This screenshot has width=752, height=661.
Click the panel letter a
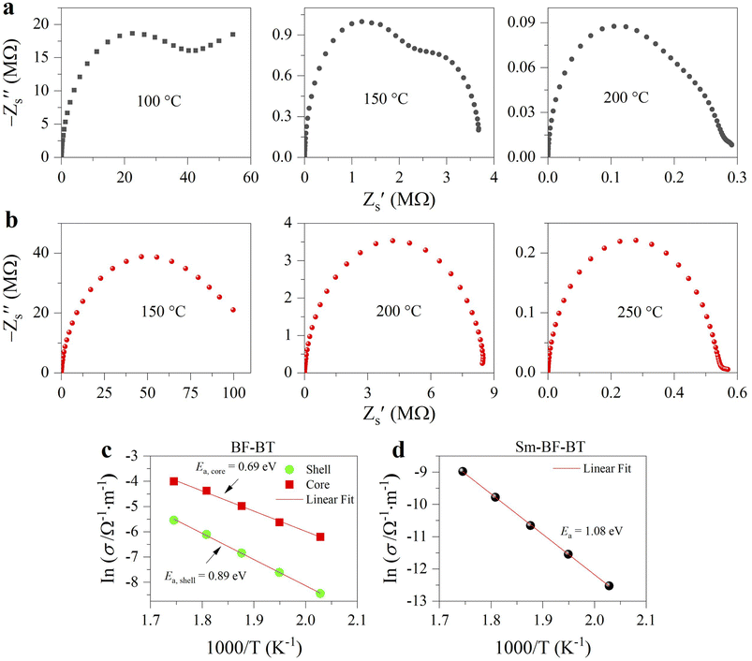(x=9, y=8)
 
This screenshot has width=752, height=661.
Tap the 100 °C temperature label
(x=159, y=101)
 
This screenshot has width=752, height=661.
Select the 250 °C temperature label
(x=640, y=312)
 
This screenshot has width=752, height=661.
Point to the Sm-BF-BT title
(x=550, y=448)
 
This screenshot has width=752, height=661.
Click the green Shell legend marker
(x=289, y=470)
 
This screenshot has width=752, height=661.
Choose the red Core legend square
(x=289, y=485)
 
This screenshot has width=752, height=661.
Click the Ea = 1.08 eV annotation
(x=592, y=531)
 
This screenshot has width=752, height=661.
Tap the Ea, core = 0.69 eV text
(x=235, y=467)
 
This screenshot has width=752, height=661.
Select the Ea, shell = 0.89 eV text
(x=205, y=576)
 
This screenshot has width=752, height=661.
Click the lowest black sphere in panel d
(x=609, y=585)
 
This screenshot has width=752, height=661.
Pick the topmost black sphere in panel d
(x=463, y=471)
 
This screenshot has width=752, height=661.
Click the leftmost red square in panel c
(x=174, y=481)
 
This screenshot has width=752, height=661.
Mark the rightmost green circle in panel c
(x=320, y=594)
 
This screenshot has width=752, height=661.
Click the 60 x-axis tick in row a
(x=250, y=177)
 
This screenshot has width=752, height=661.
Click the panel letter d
(x=399, y=450)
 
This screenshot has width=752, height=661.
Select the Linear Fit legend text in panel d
(x=607, y=468)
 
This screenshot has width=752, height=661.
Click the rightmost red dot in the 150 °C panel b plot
(x=233, y=310)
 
